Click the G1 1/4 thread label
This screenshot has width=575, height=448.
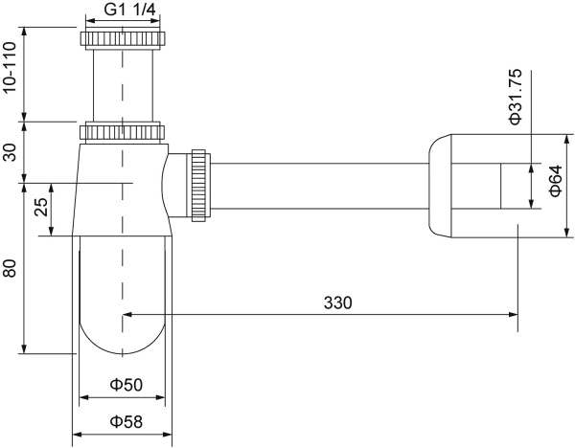[123, 11]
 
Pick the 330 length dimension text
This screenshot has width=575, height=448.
[337, 302]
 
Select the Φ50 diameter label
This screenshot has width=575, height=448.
[125, 385]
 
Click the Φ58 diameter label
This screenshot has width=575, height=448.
[125, 421]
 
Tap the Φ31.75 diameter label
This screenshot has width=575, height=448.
[515, 96]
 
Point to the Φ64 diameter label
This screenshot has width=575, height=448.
[555, 184]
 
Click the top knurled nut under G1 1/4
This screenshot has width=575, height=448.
[123, 40]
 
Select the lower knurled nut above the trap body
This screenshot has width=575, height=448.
[123, 131]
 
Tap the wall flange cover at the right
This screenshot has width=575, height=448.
[443, 185]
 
